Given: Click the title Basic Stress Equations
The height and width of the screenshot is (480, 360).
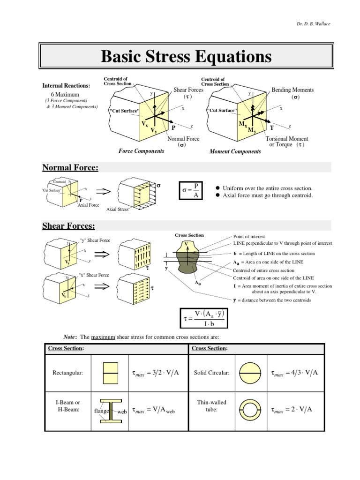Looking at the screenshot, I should click(x=186, y=57).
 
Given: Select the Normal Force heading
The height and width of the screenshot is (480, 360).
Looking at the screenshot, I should click(x=70, y=168).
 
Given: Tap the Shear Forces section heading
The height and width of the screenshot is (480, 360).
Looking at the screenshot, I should click(x=68, y=226).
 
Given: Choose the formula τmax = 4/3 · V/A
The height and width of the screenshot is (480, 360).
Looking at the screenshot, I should click(x=295, y=373).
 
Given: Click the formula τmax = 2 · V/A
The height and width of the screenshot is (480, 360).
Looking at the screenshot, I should click(x=292, y=410).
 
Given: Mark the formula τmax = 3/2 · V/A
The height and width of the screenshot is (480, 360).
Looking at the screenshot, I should click(x=156, y=373).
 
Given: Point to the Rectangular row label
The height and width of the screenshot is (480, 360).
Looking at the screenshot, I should click(x=67, y=373).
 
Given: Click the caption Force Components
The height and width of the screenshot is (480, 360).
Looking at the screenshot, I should click(x=141, y=151).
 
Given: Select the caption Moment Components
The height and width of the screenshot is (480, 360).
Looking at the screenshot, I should click(x=235, y=152).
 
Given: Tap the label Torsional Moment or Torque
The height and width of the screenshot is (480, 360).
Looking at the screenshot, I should click(x=286, y=142).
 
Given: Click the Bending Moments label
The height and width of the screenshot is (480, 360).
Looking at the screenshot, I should click(x=292, y=90).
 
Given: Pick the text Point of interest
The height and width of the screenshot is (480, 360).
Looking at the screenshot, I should click(x=249, y=237).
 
